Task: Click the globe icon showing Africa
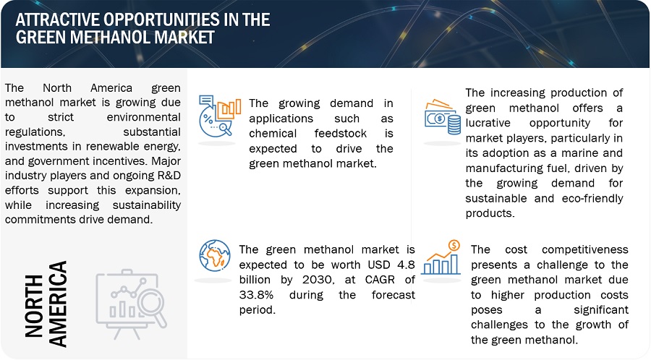(x=215, y=255)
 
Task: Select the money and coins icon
(x=443, y=117)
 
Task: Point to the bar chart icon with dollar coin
(x=441, y=257)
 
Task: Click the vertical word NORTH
(x=34, y=306)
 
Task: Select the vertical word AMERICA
(x=58, y=304)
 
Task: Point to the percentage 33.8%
(x=256, y=295)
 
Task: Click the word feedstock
(x=341, y=134)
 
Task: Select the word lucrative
(x=488, y=123)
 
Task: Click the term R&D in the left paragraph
(x=169, y=176)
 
